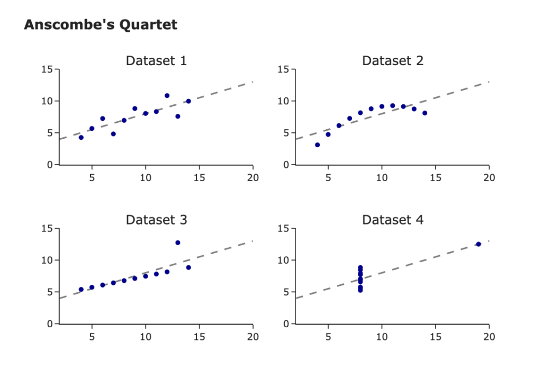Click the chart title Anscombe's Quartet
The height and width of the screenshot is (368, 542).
(x=101, y=24)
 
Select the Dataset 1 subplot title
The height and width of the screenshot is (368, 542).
(x=156, y=61)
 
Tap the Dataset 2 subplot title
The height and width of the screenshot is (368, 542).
(x=393, y=61)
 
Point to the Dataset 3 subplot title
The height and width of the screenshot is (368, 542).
(x=156, y=220)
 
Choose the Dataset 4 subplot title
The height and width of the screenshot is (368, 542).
(x=393, y=220)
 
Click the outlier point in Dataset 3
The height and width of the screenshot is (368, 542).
(x=178, y=243)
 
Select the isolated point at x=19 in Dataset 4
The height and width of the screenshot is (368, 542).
(x=478, y=244)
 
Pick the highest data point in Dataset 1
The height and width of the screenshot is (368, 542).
(x=167, y=96)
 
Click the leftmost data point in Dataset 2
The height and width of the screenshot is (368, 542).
(x=318, y=145)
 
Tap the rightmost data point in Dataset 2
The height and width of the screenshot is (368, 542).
(x=425, y=113)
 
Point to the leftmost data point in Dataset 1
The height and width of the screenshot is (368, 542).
(x=81, y=137)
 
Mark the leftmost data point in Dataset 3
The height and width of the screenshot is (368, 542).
(x=81, y=290)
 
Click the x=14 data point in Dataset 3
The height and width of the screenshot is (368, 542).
(x=188, y=267)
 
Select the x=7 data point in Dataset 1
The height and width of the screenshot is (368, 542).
(x=113, y=134)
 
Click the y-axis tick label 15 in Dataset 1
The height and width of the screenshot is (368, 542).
(x=49, y=69)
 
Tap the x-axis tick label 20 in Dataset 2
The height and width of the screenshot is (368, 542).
(x=490, y=177)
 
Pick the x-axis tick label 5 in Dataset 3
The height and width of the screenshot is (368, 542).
(x=92, y=336)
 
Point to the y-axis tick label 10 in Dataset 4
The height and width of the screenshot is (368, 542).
(x=285, y=260)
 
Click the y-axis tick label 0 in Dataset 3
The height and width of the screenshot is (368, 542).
(x=50, y=324)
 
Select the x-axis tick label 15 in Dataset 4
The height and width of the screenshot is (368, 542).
(x=436, y=336)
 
